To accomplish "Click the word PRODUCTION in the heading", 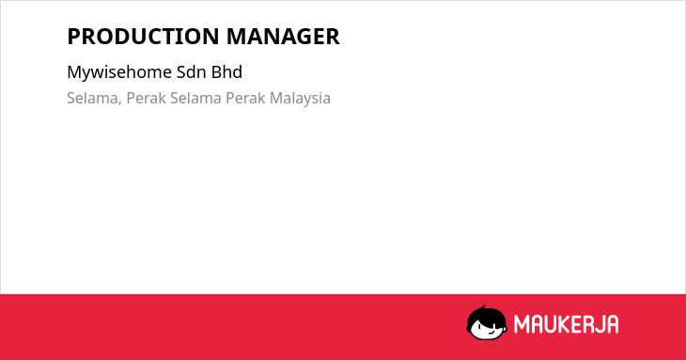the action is pyautogui.click(x=143, y=37).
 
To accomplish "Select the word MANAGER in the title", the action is pyautogui.click(x=283, y=37).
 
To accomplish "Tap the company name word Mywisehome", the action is pyautogui.click(x=119, y=72).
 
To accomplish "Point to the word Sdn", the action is pyautogui.click(x=192, y=72).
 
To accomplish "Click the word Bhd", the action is pyautogui.click(x=226, y=72).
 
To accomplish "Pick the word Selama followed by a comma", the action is pyautogui.click(x=94, y=99).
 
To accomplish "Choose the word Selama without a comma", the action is pyautogui.click(x=195, y=98).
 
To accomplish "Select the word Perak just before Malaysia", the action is pyautogui.click(x=245, y=98).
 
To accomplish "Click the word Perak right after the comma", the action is pyautogui.click(x=146, y=98).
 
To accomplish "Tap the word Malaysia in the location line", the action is pyautogui.click(x=300, y=99).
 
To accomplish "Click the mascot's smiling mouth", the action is pyautogui.click(x=491, y=331).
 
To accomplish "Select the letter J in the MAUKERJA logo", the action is pyautogui.click(x=600, y=324).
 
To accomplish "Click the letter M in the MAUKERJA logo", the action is pyautogui.click(x=521, y=324).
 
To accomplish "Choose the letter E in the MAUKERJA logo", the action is pyautogui.click(x=575, y=324).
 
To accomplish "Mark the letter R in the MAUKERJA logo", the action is pyautogui.click(x=587, y=324).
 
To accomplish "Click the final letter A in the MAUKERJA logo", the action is pyautogui.click(x=613, y=324).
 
